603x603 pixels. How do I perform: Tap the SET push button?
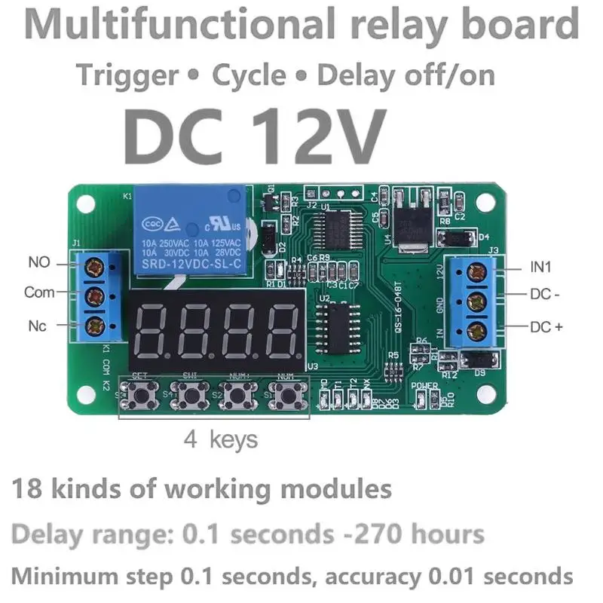[140, 393]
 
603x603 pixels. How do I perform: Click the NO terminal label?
[38, 263]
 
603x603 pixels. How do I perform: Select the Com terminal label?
[39, 292]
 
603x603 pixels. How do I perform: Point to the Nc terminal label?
[38, 326]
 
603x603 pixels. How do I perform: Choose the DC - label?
[545, 295]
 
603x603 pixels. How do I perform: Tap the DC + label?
[545, 326]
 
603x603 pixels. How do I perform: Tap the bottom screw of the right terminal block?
[476, 329]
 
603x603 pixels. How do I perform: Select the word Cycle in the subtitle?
[249, 75]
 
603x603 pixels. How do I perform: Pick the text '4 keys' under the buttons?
[221, 439]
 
